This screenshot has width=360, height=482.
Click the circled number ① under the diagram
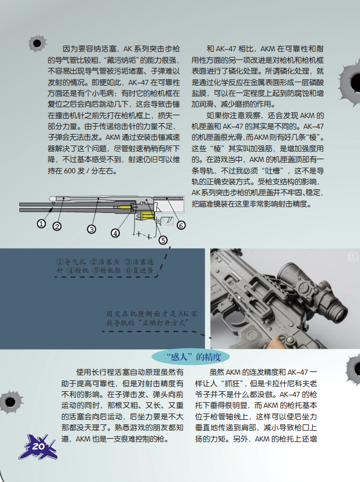[x=41, y=224]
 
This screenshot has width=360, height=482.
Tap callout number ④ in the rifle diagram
[x=115, y=233]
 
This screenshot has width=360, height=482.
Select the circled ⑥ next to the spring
[x=181, y=225]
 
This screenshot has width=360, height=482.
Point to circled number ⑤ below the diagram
[x=163, y=240]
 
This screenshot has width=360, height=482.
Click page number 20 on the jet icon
[x=38, y=446]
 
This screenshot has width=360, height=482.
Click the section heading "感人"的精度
[x=194, y=357]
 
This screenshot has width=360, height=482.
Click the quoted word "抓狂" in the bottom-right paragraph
[x=230, y=384]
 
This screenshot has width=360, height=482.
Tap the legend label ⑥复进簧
[x=139, y=270]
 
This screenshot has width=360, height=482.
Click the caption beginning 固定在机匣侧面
[x=152, y=318]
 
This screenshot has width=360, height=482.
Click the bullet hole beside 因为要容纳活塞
[x=37, y=43]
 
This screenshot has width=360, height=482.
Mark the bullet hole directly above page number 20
[x=10, y=402]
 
